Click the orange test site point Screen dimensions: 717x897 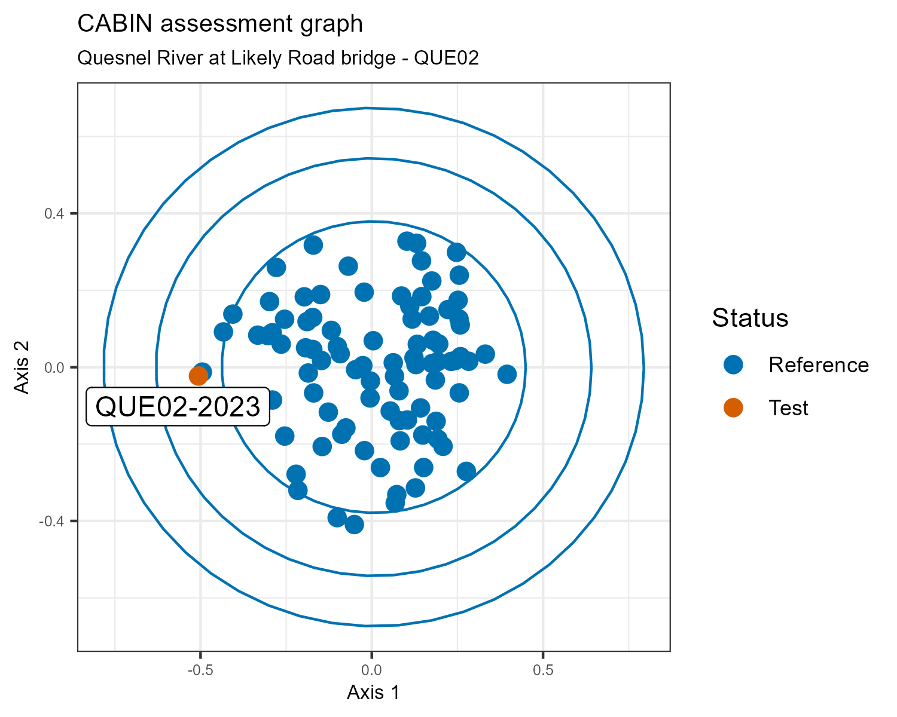(198, 376)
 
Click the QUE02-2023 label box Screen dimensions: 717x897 (178, 407)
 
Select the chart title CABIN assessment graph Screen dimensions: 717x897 (220, 24)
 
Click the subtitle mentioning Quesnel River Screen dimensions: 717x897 (278, 58)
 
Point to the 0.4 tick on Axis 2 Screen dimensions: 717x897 (54, 213)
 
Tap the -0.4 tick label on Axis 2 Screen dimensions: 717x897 (51, 521)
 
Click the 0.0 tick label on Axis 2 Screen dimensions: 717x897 (54, 367)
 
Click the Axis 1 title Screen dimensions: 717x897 (373, 693)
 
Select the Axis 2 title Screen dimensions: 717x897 (22, 367)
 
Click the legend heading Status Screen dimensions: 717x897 (750, 318)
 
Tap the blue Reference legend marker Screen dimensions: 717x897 (733, 364)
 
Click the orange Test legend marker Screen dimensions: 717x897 (733, 407)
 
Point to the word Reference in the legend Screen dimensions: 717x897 (819, 365)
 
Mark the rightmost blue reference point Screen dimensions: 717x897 (507, 375)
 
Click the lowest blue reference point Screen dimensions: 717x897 (354, 525)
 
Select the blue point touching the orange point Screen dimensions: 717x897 (203, 371)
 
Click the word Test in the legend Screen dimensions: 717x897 (789, 408)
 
